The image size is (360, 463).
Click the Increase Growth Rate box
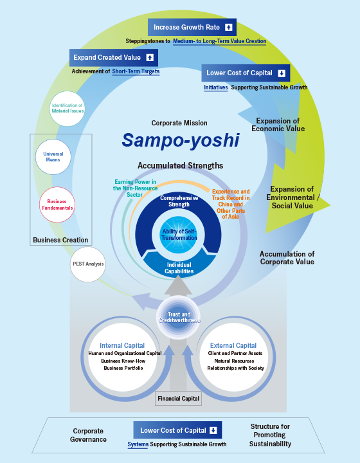coord(192,28)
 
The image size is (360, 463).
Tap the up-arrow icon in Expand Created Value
coord(150,58)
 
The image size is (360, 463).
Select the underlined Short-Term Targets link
coord(136,71)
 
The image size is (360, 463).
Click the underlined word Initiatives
coord(216,87)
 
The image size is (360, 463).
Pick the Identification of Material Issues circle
coord(67,109)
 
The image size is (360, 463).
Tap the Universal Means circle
coord(53,157)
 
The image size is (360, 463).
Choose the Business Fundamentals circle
coord(57,204)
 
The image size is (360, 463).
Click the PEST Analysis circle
coord(88,264)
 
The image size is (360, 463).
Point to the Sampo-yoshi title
coord(181,140)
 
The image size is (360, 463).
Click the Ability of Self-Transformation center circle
coord(179,235)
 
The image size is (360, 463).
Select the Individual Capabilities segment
coord(179,264)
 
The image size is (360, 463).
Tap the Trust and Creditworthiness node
coord(179,317)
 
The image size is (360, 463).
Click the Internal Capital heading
coord(122,345)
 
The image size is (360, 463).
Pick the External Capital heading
coord(233,345)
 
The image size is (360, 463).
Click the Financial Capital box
coord(178,399)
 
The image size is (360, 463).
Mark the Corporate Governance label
coord(88,435)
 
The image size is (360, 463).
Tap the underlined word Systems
coord(138,444)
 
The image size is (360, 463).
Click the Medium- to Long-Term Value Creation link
coord(220,41)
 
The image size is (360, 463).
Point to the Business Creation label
coord(60,240)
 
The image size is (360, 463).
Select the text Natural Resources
coord(234,361)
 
